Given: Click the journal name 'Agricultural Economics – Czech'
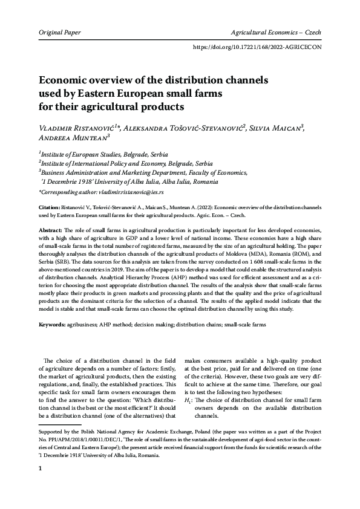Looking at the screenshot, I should pyautogui.click(x=275, y=31).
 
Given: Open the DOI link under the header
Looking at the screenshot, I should pyautogui.click(x=258, y=46).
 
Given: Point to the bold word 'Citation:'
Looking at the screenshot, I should pyautogui.click(x=50, y=207).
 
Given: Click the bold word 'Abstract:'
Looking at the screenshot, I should pyautogui.click(x=51, y=232).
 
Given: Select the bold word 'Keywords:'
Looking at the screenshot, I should pyautogui.click(x=53, y=325).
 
